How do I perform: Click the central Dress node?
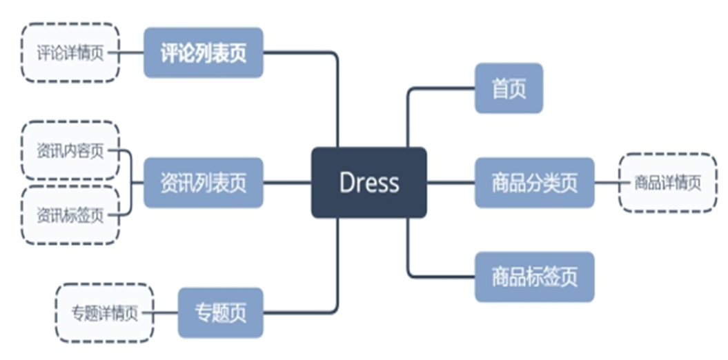368,183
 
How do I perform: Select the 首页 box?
509,88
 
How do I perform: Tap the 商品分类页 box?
534,183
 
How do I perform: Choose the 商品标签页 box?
534,277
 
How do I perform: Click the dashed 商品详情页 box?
667,183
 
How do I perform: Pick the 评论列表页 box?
203,52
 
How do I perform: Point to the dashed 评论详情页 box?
70,53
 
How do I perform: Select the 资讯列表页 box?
203,183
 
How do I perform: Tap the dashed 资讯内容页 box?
70,151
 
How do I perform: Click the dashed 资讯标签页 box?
70,215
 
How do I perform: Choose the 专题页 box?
220,313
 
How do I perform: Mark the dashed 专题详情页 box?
104,313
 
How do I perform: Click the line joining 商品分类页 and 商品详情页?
607,183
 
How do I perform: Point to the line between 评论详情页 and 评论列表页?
132,52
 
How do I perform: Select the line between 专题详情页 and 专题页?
166,313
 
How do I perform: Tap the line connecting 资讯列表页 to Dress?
287,183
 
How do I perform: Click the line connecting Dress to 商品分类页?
450,183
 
